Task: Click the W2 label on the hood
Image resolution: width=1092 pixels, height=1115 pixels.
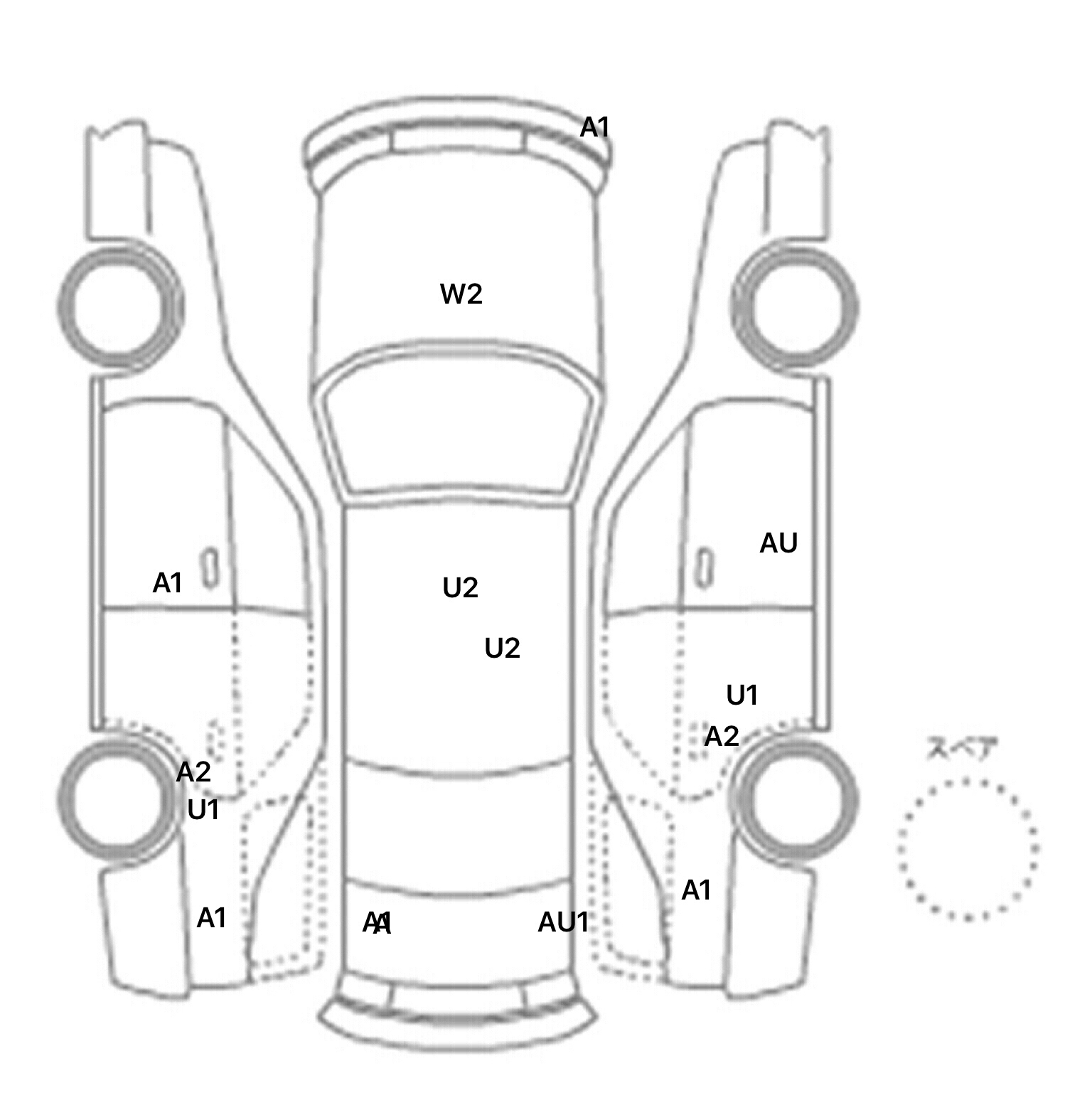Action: coord(461,294)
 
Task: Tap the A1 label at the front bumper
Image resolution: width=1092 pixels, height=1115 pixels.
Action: coord(595,128)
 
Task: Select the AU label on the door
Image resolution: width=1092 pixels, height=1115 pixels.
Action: coord(778,543)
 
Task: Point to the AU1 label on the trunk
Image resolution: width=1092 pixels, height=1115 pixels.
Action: coord(564,922)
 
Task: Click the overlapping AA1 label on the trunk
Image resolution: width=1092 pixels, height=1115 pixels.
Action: coord(377,924)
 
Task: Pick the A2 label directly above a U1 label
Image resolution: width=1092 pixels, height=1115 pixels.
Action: coord(193,772)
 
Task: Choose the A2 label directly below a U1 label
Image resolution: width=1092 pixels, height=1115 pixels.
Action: coord(722,737)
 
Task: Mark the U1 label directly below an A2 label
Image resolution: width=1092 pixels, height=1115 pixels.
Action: coord(203,810)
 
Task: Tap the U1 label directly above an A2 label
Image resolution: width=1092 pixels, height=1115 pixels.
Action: coord(742,695)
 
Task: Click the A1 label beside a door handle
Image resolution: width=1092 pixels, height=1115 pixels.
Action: coord(168,583)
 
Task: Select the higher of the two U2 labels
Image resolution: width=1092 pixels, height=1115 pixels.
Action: coord(460,588)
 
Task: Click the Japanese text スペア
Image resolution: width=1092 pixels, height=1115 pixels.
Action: coord(962,749)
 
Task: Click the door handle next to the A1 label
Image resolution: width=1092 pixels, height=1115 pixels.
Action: coord(210,568)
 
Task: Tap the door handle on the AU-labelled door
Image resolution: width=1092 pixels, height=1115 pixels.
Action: coord(704,568)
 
